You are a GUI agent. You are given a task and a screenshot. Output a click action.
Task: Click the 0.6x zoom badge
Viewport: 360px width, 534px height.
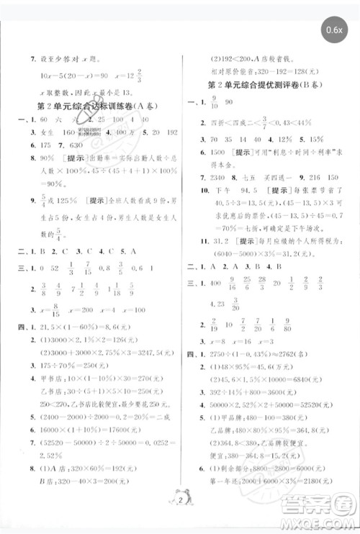[334, 30]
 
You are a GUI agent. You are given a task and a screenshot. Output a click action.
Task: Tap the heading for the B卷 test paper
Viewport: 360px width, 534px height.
[270, 84]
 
